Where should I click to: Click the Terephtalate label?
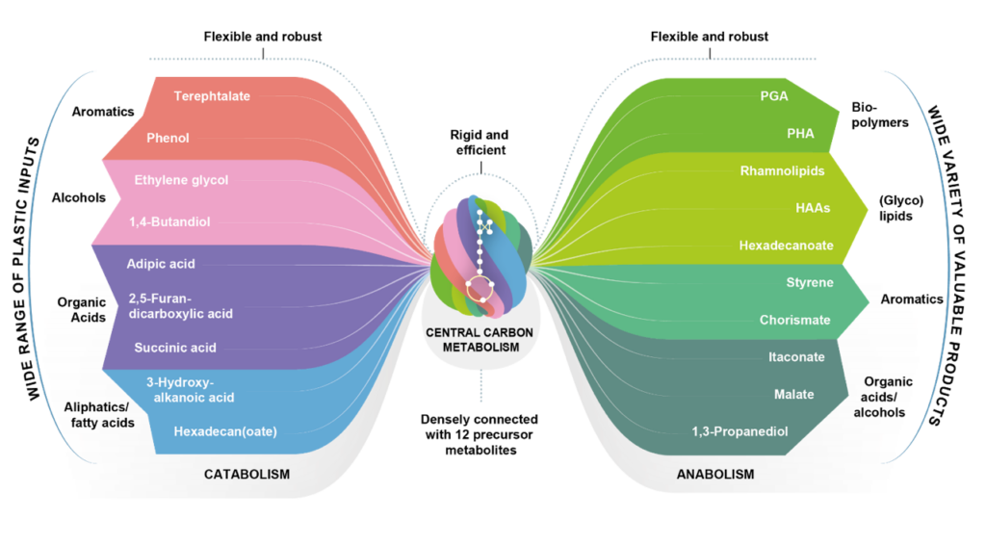pyautogui.click(x=212, y=95)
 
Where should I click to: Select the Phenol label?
pyautogui.click(x=168, y=138)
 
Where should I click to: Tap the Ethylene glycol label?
pyautogui.click(x=181, y=180)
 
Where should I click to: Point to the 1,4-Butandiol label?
pyautogui.click(x=169, y=221)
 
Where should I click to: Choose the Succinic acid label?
pyautogui.click(x=174, y=348)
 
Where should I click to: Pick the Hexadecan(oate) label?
pyautogui.click(x=225, y=431)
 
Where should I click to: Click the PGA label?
pyautogui.click(x=774, y=95)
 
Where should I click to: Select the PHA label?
pyautogui.click(x=800, y=134)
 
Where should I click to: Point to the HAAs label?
pyautogui.click(x=814, y=207)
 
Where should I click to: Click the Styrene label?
pyautogui.click(x=810, y=283)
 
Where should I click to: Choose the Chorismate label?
pyautogui.click(x=793, y=320)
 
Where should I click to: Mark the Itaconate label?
pyautogui.click(x=796, y=356)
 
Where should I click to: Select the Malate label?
pyautogui.click(x=794, y=394)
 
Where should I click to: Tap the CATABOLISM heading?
pyautogui.click(x=246, y=475)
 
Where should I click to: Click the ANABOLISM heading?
pyautogui.click(x=715, y=475)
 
